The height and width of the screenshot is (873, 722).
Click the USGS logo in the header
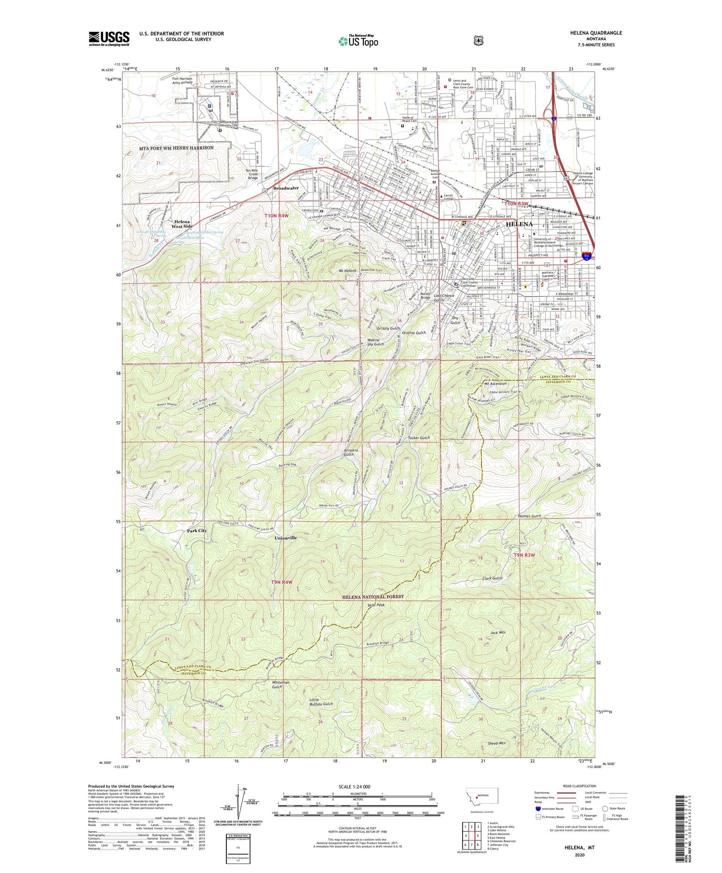109,38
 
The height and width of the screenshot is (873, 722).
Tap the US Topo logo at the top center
357,41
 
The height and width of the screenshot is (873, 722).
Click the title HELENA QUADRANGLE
596,33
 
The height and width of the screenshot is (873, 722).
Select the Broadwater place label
286,188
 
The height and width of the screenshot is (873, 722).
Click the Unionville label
286,538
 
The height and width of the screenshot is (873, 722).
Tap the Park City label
197,530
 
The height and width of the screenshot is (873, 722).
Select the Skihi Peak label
376,605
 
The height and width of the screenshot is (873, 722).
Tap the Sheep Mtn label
497,743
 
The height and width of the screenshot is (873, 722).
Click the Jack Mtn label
498,632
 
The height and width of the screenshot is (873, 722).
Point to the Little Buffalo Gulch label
321,701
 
